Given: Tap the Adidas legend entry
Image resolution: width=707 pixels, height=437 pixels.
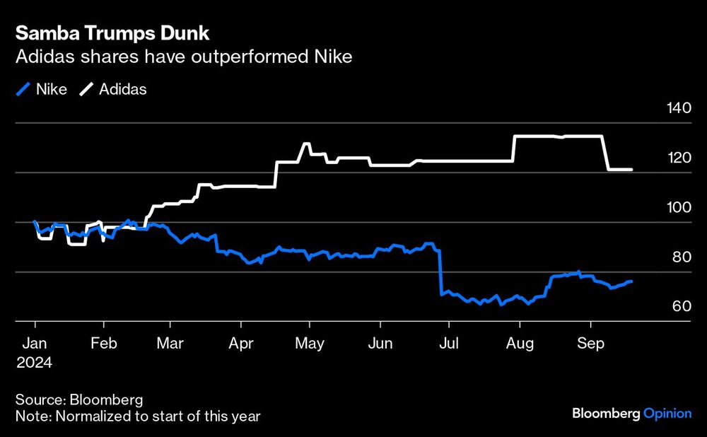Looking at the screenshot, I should click(x=115, y=90).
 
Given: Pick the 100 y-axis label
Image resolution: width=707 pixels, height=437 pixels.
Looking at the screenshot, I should click(x=677, y=208).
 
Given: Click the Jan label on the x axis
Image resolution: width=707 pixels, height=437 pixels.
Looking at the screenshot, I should click(x=35, y=344).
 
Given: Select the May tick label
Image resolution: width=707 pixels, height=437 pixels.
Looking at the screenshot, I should click(x=310, y=344).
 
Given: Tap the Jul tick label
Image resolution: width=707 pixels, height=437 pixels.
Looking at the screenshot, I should click(x=449, y=344).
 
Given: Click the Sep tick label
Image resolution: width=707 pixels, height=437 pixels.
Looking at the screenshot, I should click(x=590, y=344).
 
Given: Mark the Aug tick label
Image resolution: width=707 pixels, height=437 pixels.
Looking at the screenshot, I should click(x=520, y=344).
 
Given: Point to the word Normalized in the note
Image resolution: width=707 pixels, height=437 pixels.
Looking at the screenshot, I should click(x=88, y=416).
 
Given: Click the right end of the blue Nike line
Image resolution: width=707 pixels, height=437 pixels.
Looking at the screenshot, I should click(x=631, y=281).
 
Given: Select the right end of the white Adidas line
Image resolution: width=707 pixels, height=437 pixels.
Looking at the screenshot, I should click(x=631, y=170).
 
